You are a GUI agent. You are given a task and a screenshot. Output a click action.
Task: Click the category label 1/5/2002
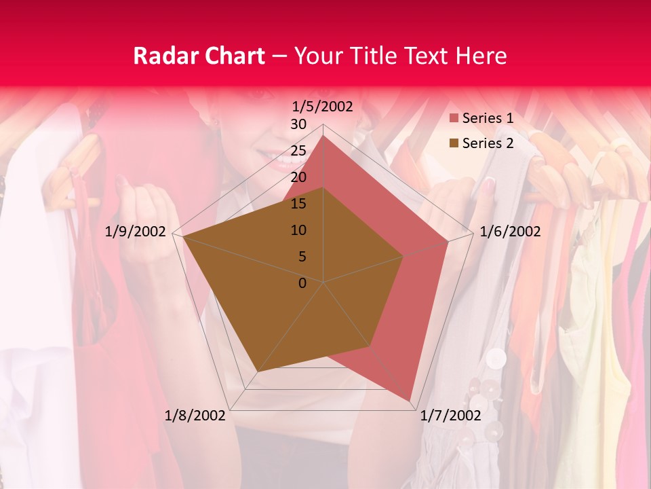[322, 106]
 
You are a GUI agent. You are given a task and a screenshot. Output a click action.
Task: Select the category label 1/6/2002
[510, 232]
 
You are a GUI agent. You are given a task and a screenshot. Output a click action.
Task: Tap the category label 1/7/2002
[450, 416]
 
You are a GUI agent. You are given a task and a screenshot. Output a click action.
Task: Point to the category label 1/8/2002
[195, 416]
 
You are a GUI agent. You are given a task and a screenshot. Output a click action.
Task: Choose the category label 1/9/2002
[136, 232]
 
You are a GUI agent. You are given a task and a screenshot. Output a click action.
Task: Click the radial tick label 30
[298, 124]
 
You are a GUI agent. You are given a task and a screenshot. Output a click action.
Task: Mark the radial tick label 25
[298, 151]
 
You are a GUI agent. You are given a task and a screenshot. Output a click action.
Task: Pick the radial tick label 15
[298, 204]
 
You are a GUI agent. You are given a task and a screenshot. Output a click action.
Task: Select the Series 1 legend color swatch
[454, 119]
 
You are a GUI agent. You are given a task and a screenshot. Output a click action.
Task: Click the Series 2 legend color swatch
[454, 143]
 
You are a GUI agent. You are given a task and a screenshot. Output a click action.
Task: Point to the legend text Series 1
[488, 119]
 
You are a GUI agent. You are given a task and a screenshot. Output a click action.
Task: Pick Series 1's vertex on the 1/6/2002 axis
[448, 241]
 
